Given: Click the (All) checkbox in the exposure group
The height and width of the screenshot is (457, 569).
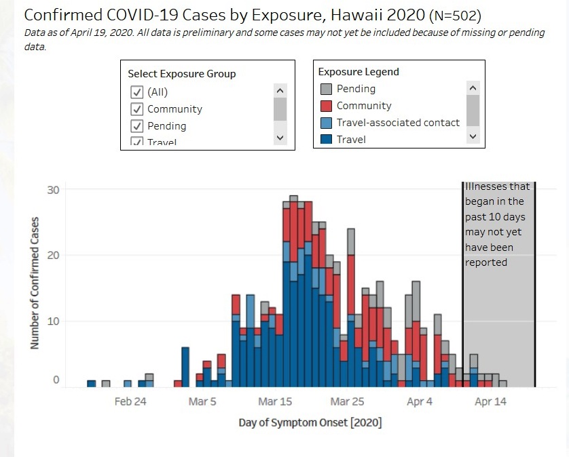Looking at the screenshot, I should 136,92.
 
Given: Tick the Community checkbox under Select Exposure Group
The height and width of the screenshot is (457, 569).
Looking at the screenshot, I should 136,109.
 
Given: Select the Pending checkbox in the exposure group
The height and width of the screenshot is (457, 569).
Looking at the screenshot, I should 136,126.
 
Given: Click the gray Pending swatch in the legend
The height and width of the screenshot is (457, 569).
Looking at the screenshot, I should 326,89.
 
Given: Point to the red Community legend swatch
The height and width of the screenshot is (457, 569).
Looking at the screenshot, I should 326,106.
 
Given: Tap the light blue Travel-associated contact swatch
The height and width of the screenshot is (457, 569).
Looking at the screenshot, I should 326,123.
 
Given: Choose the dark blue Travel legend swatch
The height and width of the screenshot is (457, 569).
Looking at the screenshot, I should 326,139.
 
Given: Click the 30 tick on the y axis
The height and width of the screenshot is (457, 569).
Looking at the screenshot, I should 53,190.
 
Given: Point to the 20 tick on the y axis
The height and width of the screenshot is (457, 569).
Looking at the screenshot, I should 53,256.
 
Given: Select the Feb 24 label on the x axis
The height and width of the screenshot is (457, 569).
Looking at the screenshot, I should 130,401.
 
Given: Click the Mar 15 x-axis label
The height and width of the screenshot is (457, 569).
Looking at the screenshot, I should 276,401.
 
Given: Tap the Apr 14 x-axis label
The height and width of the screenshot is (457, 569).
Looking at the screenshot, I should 490,401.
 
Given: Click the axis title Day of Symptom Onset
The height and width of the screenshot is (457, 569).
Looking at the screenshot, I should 310,422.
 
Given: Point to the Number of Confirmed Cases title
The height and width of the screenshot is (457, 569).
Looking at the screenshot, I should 35,283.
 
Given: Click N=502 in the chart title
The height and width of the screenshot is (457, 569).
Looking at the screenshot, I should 454,16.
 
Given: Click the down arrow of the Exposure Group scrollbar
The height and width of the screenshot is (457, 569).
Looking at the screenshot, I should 280,138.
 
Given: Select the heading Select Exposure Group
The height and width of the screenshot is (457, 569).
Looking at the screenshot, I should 182,74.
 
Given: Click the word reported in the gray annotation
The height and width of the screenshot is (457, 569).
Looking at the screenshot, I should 486,262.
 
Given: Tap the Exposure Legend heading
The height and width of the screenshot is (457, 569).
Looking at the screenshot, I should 359,72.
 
